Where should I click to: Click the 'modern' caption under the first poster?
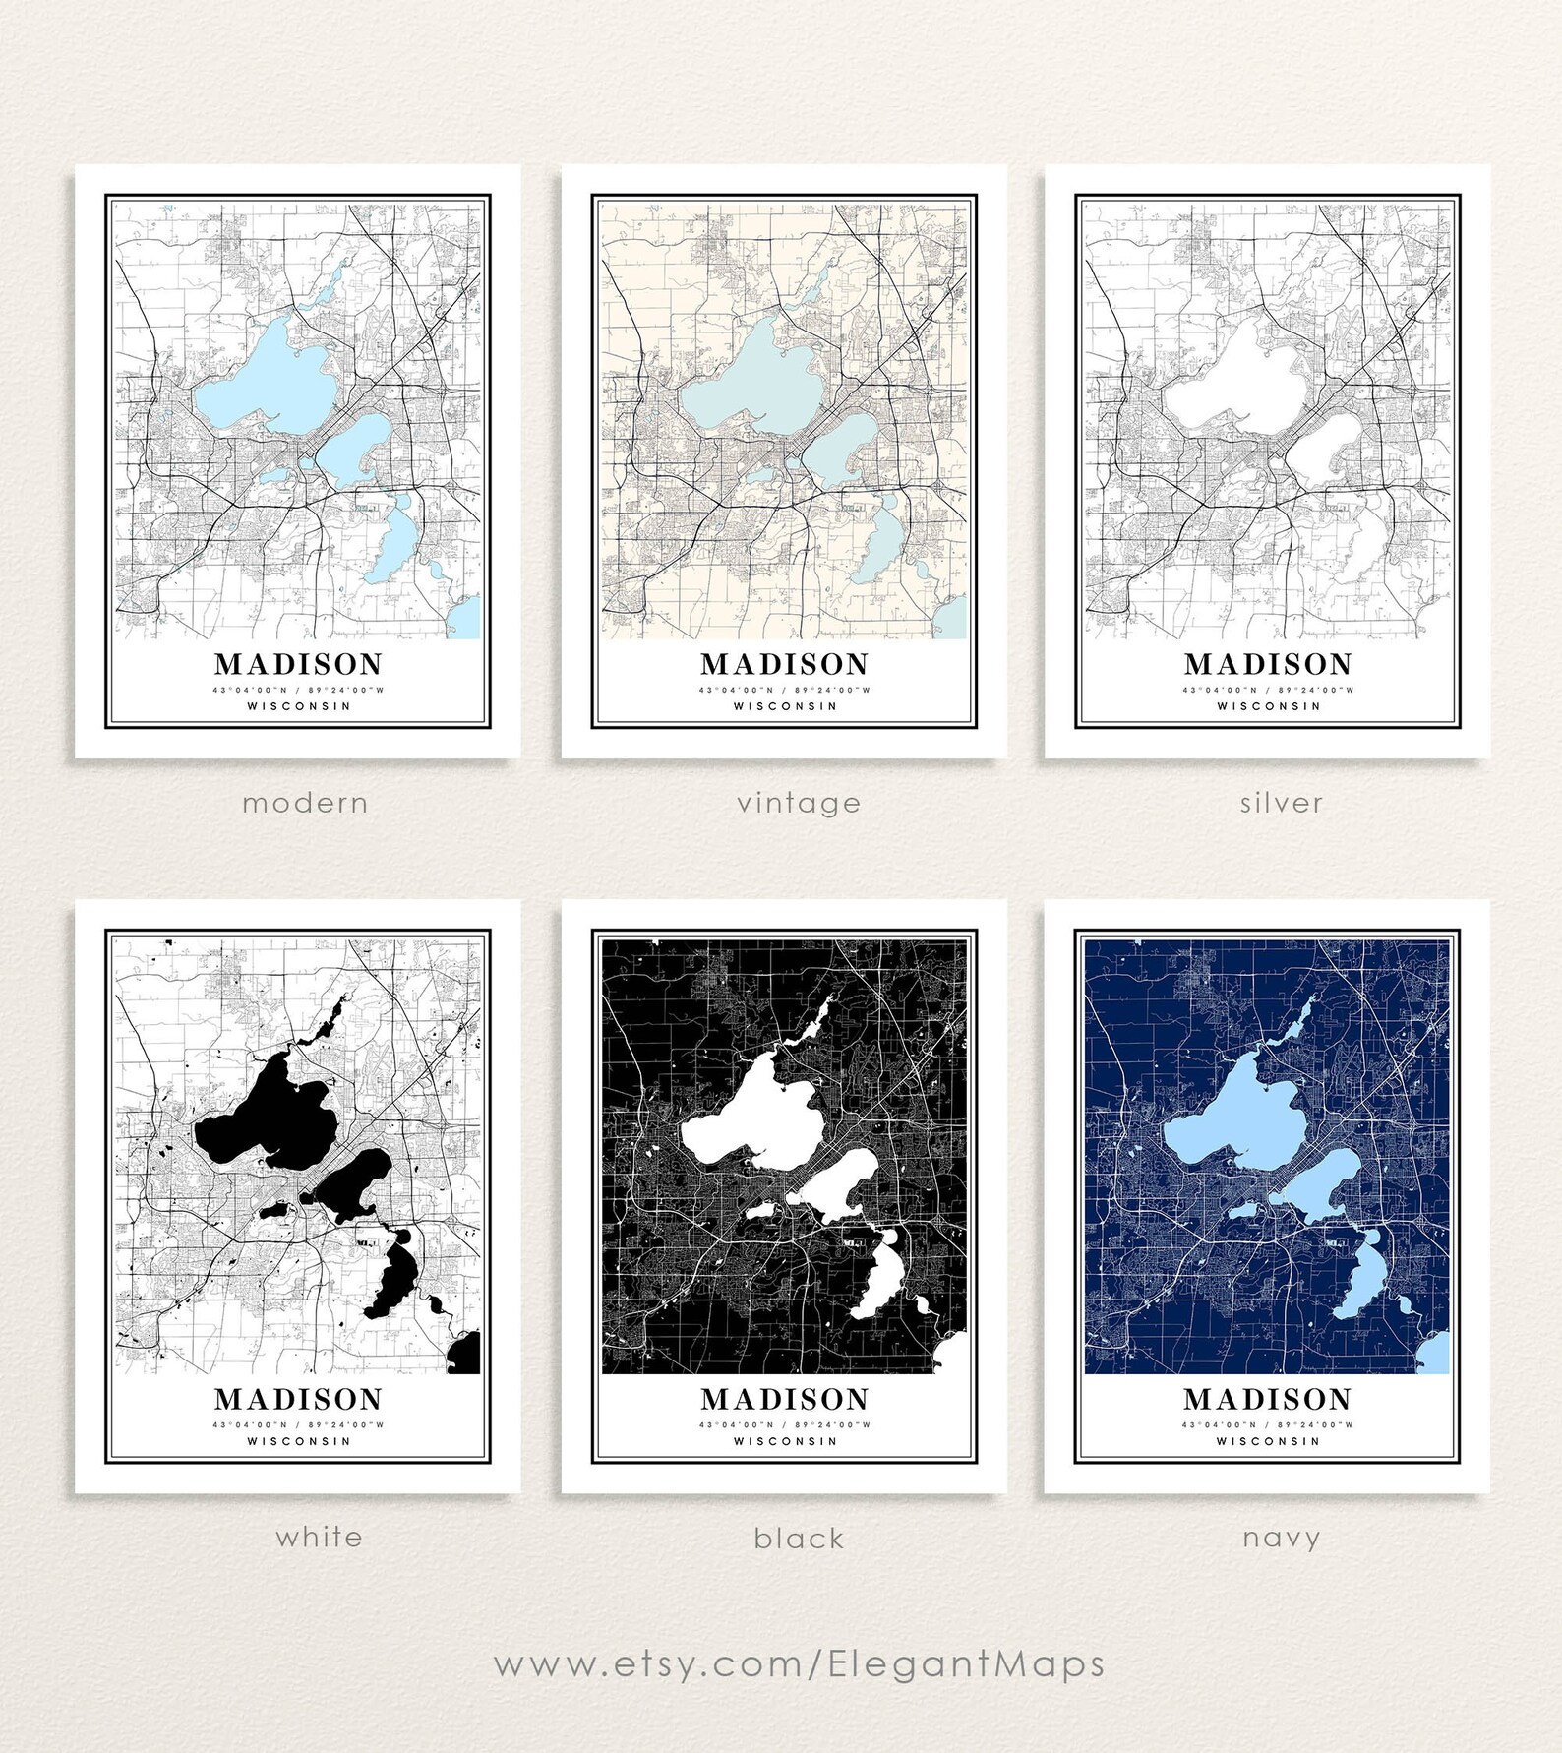click(x=305, y=803)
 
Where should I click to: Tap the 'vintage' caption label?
click(x=799, y=803)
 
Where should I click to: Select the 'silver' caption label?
click(x=1281, y=803)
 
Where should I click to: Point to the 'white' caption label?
click(x=319, y=1537)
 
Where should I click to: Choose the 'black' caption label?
click(x=799, y=1538)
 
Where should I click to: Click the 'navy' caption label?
click(x=1281, y=1537)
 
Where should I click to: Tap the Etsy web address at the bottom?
click(x=799, y=1664)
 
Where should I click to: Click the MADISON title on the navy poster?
click(x=1268, y=1399)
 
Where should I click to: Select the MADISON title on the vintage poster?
click(x=784, y=664)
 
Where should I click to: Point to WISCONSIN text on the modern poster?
click(x=298, y=706)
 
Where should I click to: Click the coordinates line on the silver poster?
click(x=1268, y=690)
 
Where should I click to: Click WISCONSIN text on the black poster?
click(x=784, y=1441)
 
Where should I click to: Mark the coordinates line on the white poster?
click(x=298, y=1424)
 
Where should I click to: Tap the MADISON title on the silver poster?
click(x=1268, y=664)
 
